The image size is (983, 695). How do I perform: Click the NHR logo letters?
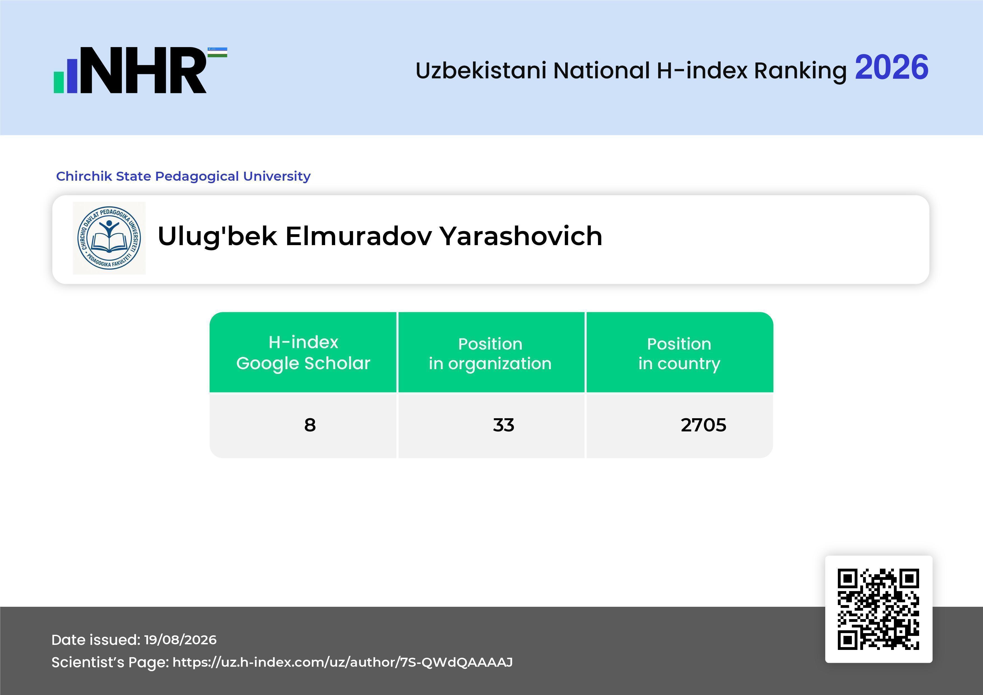click(x=143, y=70)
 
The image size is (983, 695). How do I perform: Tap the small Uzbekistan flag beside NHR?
click(x=217, y=52)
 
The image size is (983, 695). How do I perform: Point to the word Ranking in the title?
click(x=800, y=71)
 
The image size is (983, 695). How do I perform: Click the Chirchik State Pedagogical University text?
click(x=183, y=176)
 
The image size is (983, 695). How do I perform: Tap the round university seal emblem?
click(x=109, y=238)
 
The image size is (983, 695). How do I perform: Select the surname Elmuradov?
click(x=359, y=236)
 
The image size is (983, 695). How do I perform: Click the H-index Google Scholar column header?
click(x=303, y=353)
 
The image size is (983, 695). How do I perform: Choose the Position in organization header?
click(x=490, y=354)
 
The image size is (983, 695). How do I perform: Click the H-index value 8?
click(x=310, y=425)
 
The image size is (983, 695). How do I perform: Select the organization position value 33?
click(x=504, y=425)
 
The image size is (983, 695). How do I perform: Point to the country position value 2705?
click(x=703, y=425)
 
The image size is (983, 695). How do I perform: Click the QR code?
click(x=878, y=609)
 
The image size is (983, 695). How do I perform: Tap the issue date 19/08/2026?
click(x=180, y=640)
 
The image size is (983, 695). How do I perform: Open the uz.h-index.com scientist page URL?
click(x=342, y=663)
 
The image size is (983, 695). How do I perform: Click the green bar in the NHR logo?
click(x=59, y=82)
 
